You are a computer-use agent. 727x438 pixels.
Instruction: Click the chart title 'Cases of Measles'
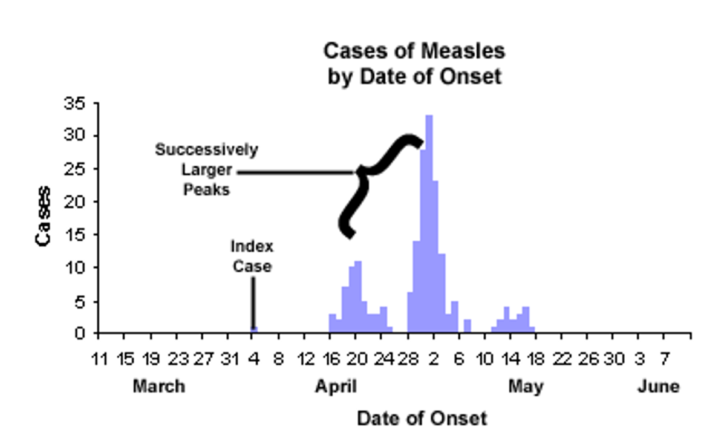(414, 51)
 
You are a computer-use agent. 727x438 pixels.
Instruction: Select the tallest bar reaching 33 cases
(429, 224)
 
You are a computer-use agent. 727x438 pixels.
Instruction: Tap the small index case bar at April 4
(255, 330)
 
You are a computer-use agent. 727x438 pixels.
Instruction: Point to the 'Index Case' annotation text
(252, 256)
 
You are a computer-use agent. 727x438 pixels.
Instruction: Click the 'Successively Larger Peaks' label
(206, 169)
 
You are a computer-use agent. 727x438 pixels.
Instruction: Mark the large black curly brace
(375, 181)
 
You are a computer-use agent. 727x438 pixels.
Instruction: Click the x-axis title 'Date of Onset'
(422, 418)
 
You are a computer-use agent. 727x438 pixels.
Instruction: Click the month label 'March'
(159, 386)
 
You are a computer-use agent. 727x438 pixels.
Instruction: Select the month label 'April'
(336, 386)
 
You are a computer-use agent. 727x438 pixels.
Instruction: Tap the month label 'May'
(525, 386)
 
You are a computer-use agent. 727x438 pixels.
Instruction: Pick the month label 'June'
(658, 386)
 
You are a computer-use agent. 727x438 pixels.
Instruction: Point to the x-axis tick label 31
(227, 359)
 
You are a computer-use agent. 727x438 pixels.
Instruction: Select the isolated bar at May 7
(467, 326)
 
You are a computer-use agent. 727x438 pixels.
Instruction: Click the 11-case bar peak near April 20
(358, 296)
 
